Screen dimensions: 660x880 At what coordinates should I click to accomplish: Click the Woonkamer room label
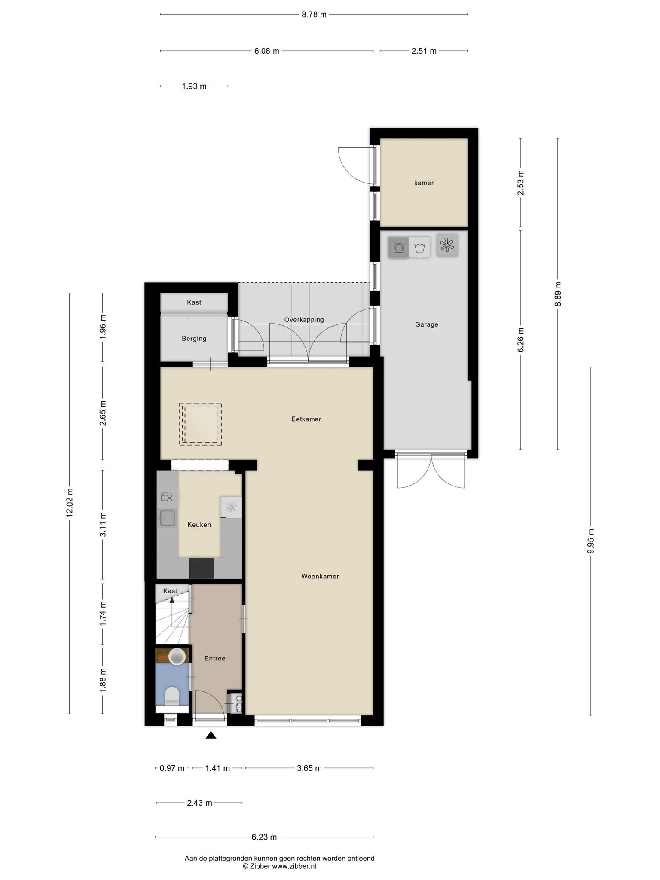(x=320, y=577)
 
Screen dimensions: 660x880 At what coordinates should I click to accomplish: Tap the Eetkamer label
(x=306, y=419)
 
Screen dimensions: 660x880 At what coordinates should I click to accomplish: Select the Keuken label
(x=199, y=525)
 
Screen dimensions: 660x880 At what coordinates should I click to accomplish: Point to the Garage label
(x=427, y=324)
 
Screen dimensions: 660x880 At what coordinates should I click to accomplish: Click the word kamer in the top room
(x=424, y=183)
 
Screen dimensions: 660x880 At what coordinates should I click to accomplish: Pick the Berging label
(x=194, y=339)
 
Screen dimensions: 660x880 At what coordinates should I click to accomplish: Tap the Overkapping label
(x=304, y=320)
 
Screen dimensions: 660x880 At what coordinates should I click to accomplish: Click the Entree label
(x=215, y=658)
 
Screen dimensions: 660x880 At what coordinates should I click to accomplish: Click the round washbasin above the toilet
(x=177, y=657)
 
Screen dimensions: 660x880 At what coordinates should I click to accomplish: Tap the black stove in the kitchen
(x=202, y=568)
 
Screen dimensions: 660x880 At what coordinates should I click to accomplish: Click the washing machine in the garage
(x=398, y=247)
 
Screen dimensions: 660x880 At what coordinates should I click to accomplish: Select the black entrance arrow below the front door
(x=211, y=735)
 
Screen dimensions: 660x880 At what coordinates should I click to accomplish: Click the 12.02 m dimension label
(x=70, y=503)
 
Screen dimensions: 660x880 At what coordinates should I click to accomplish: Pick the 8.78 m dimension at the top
(x=314, y=15)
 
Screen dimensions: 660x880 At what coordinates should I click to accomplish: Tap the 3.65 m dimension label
(x=309, y=768)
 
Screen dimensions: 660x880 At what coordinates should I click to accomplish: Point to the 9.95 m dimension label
(x=590, y=541)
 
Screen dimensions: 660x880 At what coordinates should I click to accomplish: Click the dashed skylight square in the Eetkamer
(x=200, y=424)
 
